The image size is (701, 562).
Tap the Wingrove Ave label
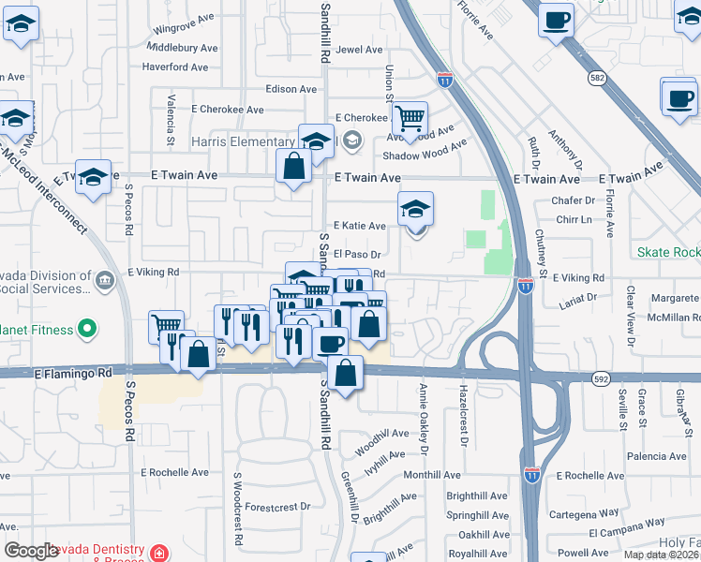click(x=184, y=30)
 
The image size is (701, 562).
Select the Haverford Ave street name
click(x=175, y=67)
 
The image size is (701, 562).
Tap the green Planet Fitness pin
click(x=87, y=330)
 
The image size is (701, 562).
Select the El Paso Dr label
click(x=357, y=254)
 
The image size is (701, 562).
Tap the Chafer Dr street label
click(x=574, y=200)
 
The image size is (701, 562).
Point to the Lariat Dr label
click(x=578, y=299)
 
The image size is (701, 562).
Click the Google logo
click(x=32, y=551)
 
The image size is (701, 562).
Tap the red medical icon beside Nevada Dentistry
click(x=158, y=553)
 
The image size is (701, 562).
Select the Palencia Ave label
click(x=658, y=456)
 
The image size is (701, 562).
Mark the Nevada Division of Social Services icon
click(x=104, y=279)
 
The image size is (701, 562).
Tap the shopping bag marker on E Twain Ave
click(x=294, y=167)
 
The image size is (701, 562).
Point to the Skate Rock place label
click(x=668, y=253)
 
